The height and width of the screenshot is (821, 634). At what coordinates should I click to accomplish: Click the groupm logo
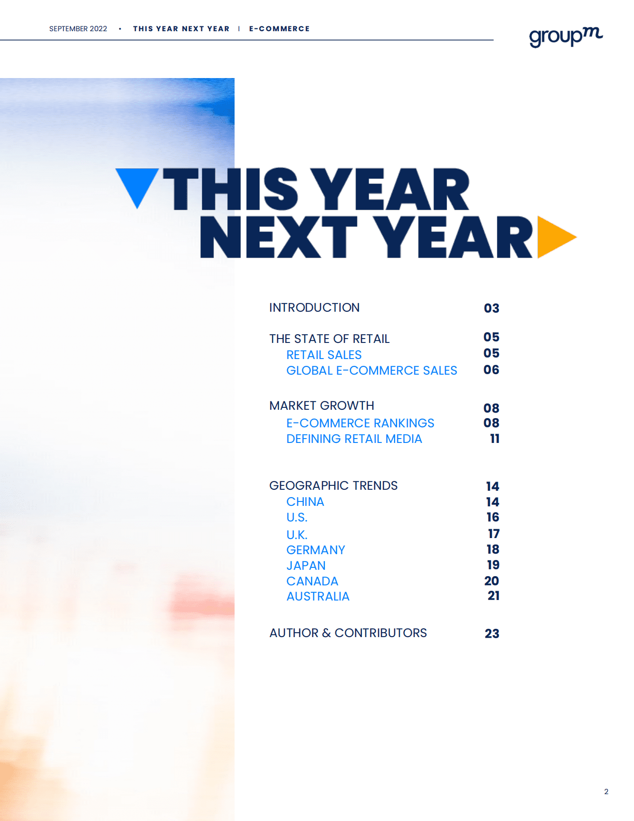pyautogui.click(x=566, y=37)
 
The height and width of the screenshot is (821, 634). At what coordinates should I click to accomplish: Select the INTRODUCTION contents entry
pyautogui.click(x=315, y=308)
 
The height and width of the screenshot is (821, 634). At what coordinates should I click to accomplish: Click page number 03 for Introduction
pyautogui.click(x=492, y=308)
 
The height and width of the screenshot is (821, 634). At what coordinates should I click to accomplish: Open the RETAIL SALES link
pyautogui.click(x=324, y=355)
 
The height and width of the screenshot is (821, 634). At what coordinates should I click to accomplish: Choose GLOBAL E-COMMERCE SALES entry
pyautogui.click(x=372, y=370)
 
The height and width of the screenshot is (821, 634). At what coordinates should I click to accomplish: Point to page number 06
pyautogui.click(x=492, y=370)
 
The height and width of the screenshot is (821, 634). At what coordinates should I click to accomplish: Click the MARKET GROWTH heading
pyautogui.click(x=322, y=406)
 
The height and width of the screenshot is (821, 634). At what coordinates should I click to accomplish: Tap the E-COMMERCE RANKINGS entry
pyautogui.click(x=360, y=423)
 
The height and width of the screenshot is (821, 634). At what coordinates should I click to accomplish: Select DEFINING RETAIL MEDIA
pyautogui.click(x=354, y=439)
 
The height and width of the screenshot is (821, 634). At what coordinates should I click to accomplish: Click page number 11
pyautogui.click(x=495, y=439)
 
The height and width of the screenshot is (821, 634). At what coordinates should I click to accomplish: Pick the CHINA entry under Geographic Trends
pyautogui.click(x=305, y=501)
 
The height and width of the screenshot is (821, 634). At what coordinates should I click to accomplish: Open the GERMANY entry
pyautogui.click(x=316, y=550)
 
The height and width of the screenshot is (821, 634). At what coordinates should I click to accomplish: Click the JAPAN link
pyautogui.click(x=306, y=565)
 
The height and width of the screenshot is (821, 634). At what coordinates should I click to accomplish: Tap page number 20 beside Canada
pyautogui.click(x=492, y=581)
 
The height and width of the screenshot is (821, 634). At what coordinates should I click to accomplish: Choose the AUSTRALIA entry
pyautogui.click(x=318, y=596)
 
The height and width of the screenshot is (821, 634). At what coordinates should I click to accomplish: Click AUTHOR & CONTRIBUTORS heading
pyautogui.click(x=348, y=633)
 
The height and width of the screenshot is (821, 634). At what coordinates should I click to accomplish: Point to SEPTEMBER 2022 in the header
pyautogui.click(x=78, y=29)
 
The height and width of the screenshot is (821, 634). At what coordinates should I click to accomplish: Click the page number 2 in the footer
pyautogui.click(x=606, y=792)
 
